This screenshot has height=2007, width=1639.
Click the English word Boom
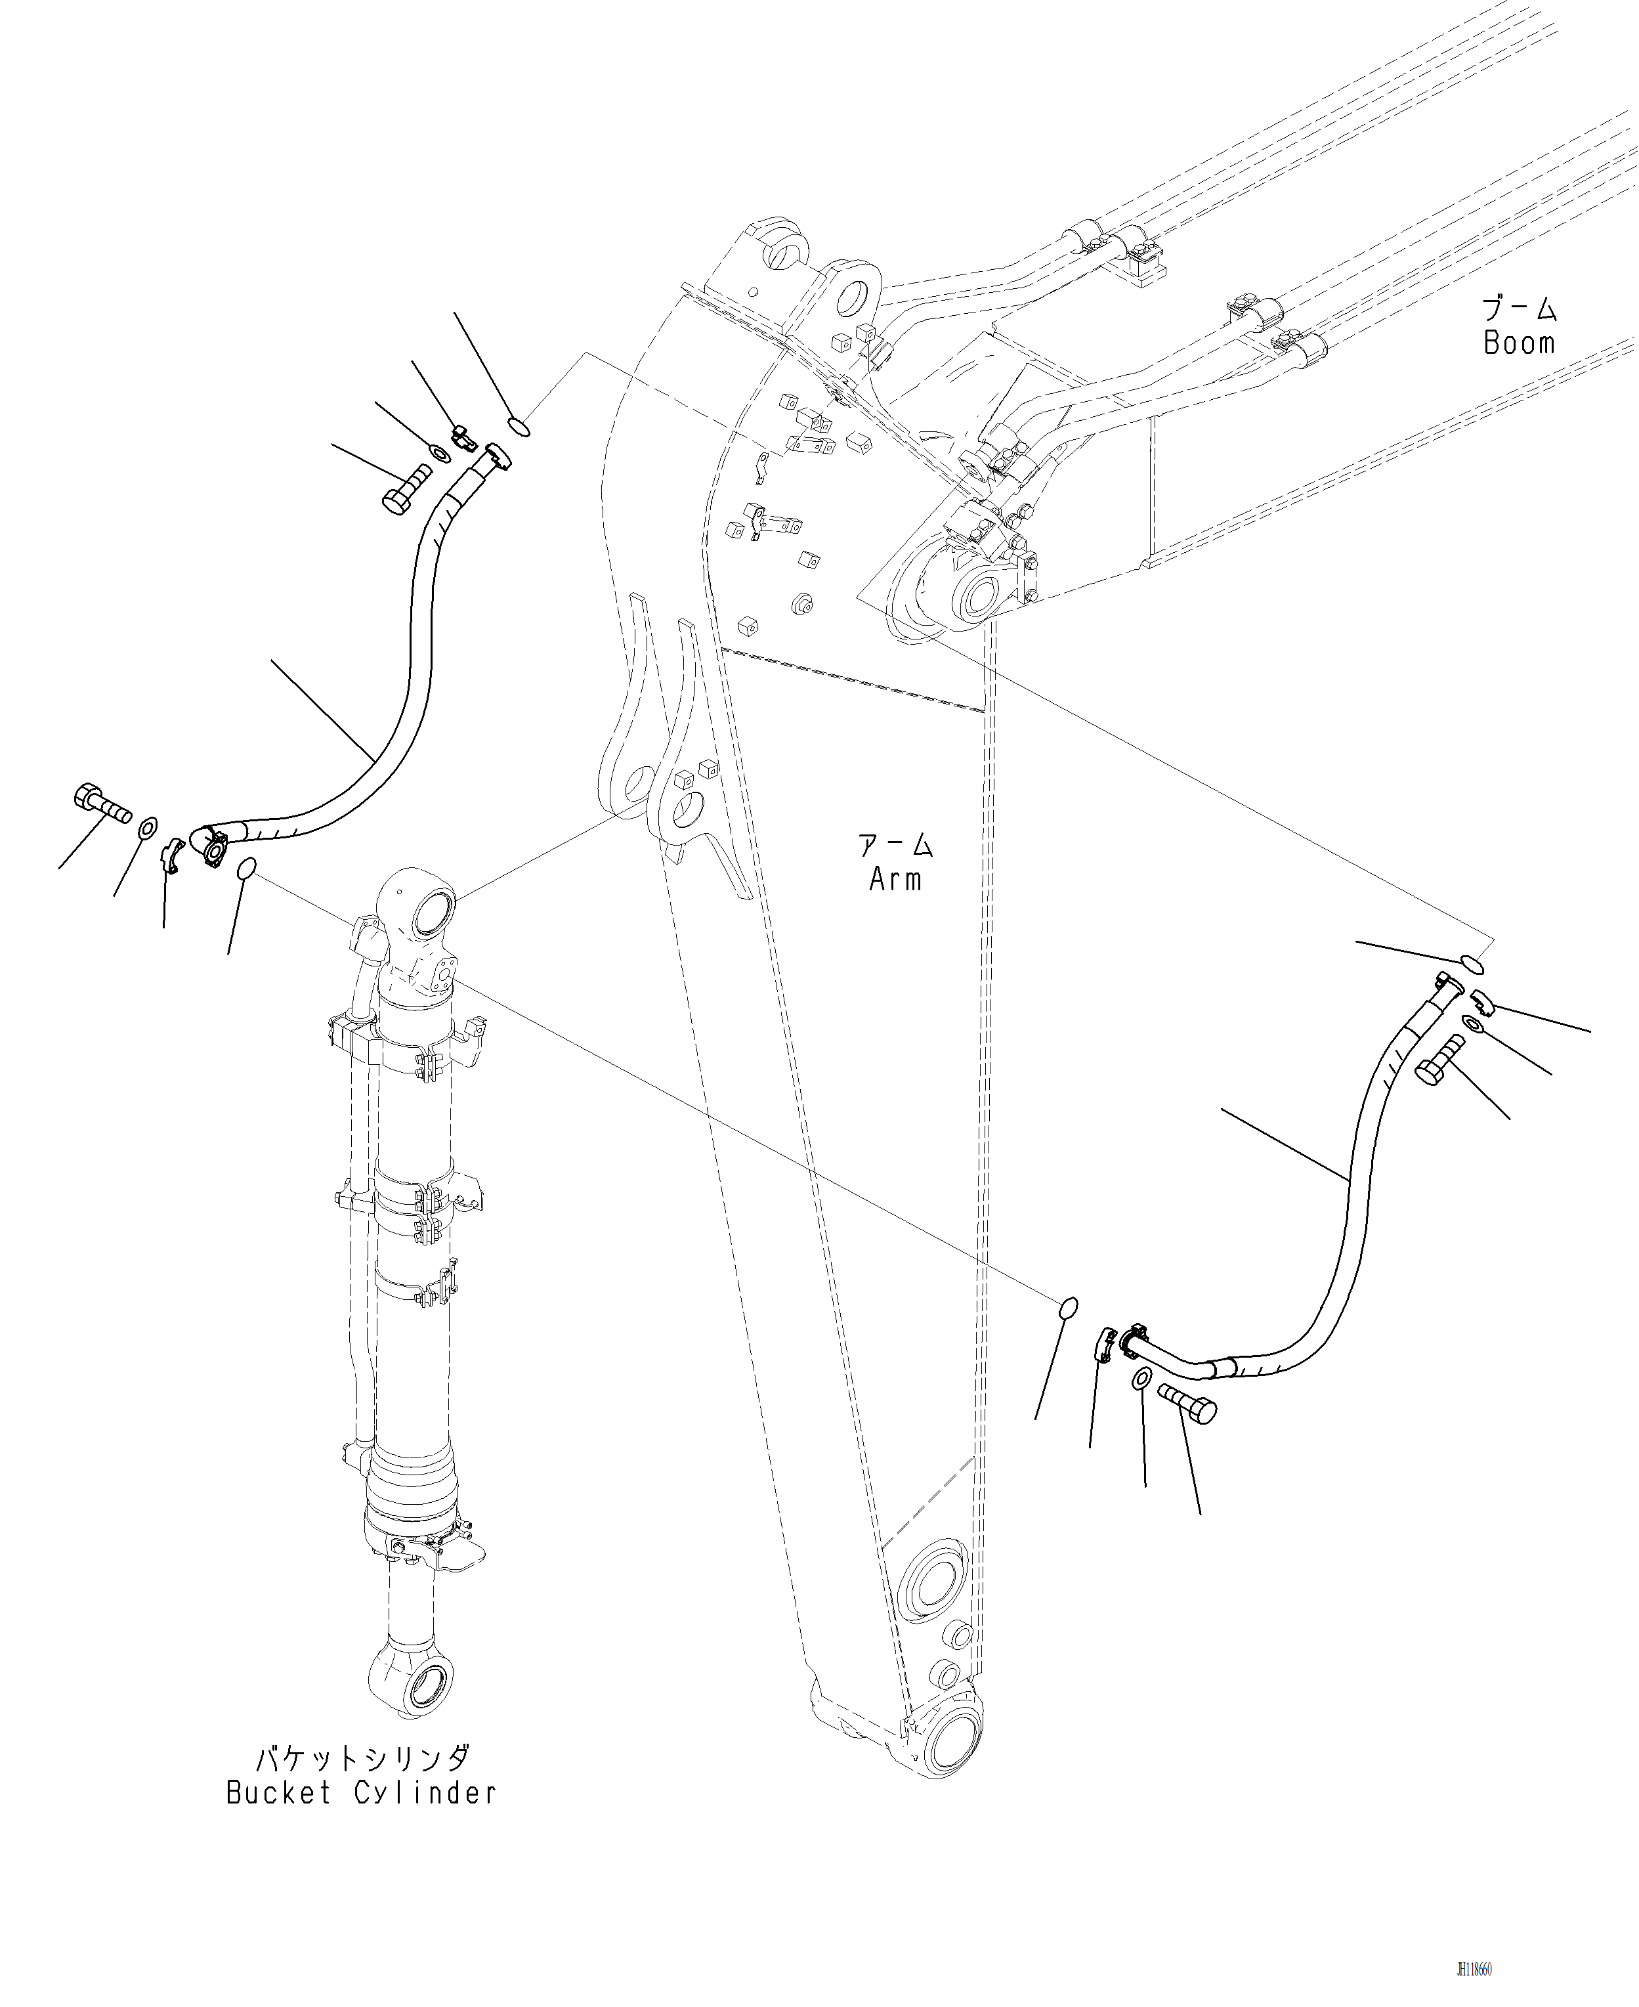point(1518,343)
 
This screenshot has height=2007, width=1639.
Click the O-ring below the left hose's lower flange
point(245,868)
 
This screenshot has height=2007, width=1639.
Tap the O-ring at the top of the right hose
point(1472,964)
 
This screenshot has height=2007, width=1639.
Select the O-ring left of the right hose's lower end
point(1067,1307)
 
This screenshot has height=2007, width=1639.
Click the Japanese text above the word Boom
point(1518,308)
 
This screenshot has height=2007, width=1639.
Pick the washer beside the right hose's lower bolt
point(1139,1380)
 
